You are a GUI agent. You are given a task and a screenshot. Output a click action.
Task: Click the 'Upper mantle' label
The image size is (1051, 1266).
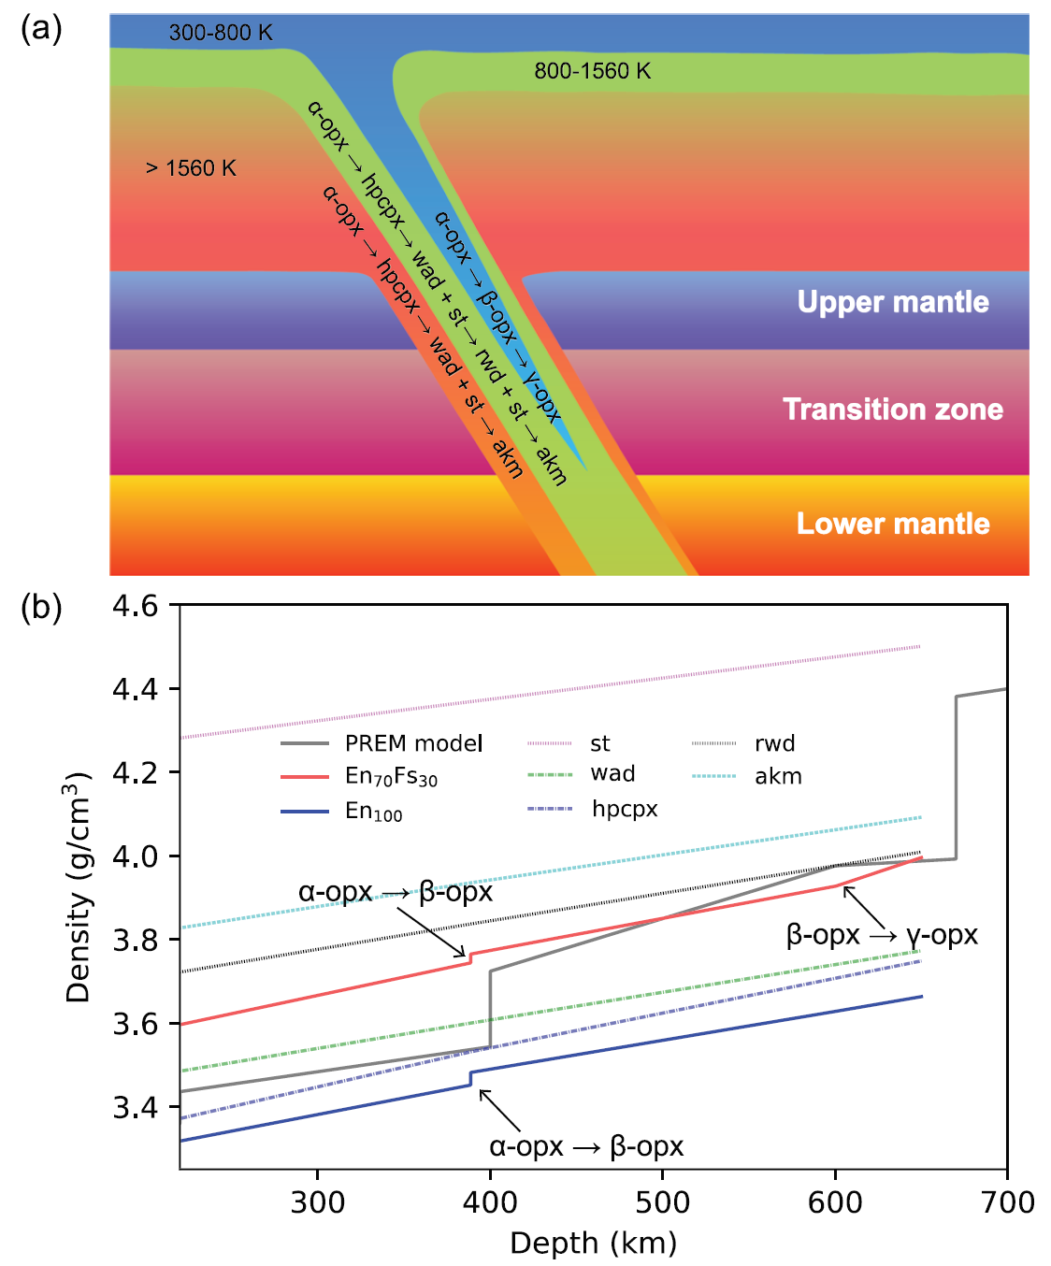[x=893, y=302]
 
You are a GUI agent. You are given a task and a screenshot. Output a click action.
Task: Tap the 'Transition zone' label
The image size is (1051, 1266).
[x=893, y=410]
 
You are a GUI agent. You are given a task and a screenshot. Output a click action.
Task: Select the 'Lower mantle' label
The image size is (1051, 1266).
[x=893, y=524]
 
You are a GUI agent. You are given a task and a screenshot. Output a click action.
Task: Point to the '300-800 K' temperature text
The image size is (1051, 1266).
[x=221, y=33]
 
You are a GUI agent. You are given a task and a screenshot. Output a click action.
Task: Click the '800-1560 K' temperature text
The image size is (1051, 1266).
[x=592, y=71]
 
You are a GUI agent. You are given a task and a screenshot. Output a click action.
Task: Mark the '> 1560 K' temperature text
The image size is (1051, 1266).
[x=191, y=168]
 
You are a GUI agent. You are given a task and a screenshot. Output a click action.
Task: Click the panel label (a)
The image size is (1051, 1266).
[x=41, y=29]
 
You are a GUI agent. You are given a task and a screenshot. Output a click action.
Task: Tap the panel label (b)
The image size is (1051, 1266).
[x=41, y=608]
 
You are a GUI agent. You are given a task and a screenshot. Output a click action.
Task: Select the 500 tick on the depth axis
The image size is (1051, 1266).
[x=662, y=1202]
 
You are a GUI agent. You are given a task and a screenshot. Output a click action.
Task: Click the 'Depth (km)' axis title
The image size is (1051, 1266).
[x=593, y=1244]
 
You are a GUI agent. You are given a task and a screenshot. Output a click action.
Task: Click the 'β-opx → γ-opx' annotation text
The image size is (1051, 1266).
[x=882, y=935]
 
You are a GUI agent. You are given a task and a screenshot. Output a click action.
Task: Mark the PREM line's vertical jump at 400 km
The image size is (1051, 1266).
[x=490, y=1010]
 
